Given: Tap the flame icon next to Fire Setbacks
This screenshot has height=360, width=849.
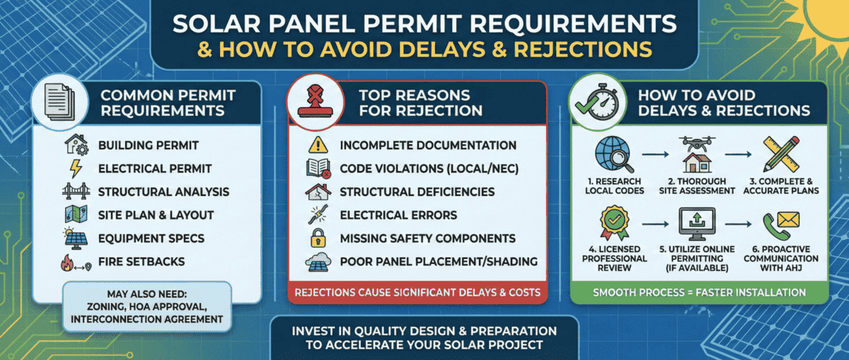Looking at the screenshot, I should [x=68, y=262].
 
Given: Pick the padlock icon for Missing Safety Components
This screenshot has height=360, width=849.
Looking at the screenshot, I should [x=316, y=238].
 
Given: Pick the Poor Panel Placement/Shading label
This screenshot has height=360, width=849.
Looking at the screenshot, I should [x=438, y=262].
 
